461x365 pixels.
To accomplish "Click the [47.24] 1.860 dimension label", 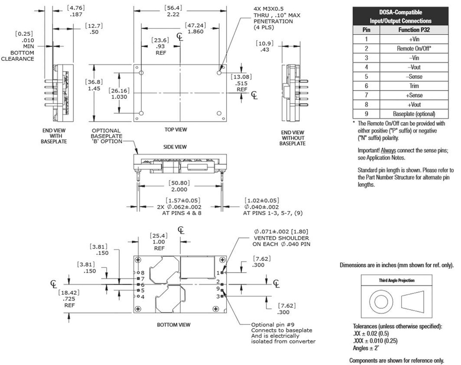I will [194, 28].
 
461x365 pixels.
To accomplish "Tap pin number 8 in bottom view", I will [142, 273].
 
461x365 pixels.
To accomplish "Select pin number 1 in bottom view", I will [218, 273].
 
